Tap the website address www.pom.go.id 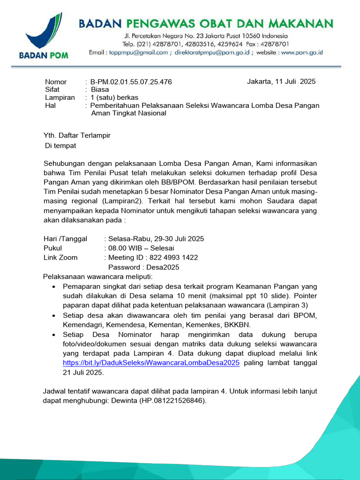(303, 52)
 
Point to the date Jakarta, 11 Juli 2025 (281, 82)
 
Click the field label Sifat (52, 90)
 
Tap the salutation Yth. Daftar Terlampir (77, 135)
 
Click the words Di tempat (60, 145)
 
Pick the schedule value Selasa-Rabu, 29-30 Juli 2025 (156, 239)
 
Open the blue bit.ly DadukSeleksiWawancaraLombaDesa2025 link (151, 363)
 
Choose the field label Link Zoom (60, 257)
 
